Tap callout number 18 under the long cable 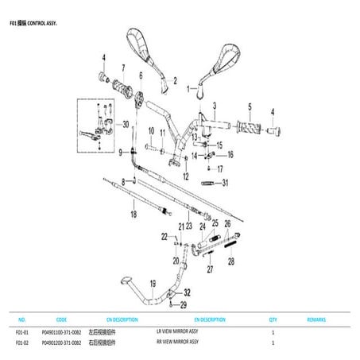(134, 215)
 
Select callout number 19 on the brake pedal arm (152, 284)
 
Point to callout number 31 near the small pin (225, 183)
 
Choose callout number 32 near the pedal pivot (188, 292)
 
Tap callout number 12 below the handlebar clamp (185, 176)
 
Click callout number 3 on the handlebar (213, 104)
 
